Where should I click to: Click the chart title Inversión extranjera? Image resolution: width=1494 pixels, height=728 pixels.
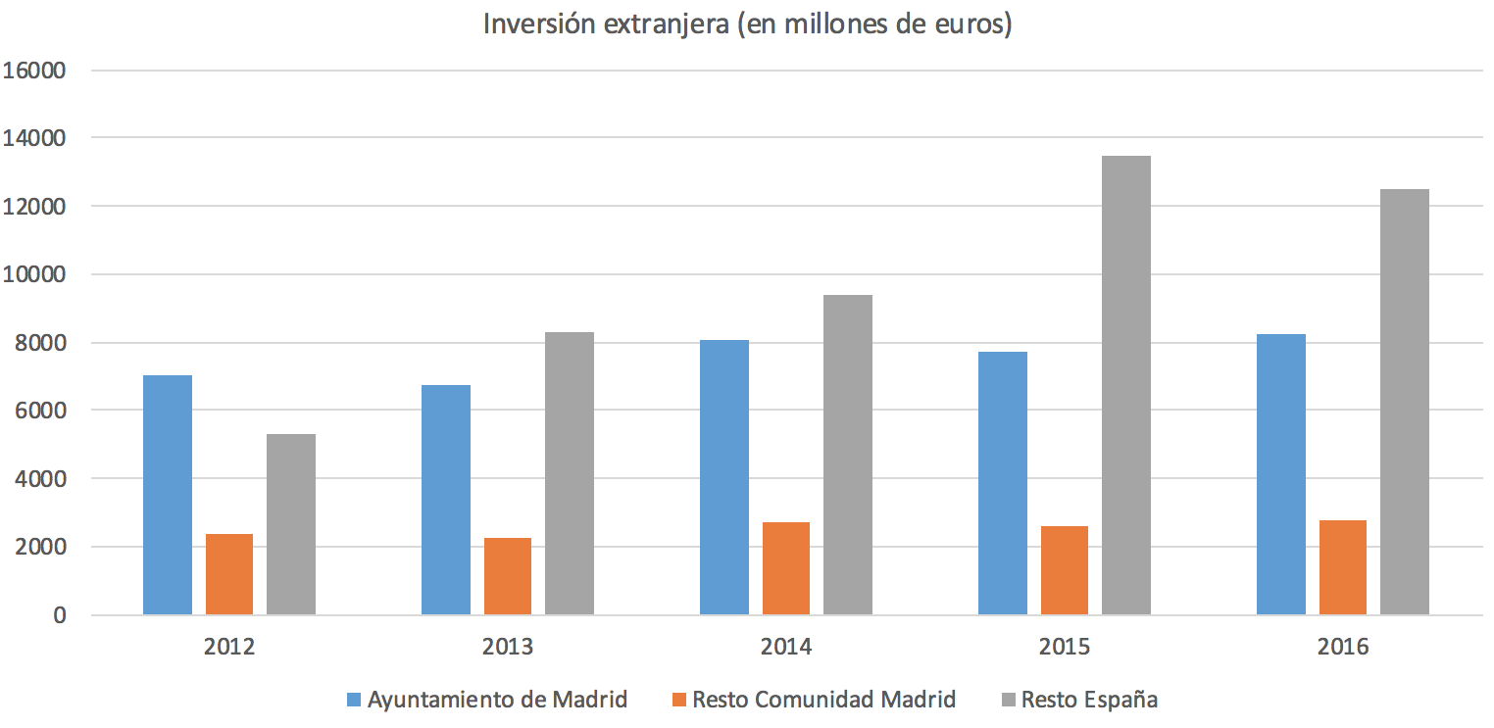[747, 24]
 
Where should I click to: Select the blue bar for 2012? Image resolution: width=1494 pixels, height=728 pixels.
[168, 495]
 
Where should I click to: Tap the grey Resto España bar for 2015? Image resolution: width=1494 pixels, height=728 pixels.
[1126, 385]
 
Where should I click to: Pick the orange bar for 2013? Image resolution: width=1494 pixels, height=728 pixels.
[508, 576]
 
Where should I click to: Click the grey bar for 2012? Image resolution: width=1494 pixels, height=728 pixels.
[291, 524]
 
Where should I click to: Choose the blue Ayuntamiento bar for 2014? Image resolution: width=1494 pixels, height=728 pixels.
[724, 477]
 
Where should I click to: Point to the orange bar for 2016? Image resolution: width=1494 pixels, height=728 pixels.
[1343, 567]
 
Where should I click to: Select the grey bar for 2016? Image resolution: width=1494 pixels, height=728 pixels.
[1405, 402]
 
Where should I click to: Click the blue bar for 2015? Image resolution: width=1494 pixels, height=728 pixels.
[1003, 483]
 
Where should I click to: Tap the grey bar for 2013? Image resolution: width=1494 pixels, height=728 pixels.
[570, 473]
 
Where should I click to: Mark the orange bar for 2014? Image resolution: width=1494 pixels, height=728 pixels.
[786, 568]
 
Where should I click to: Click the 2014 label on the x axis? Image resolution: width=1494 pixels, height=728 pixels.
[786, 647]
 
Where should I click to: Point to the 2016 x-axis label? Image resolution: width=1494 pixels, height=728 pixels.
[1343, 647]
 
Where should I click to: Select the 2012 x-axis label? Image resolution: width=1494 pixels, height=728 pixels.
[229, 647]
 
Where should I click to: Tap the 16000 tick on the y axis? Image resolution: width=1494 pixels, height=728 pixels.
[34, 71]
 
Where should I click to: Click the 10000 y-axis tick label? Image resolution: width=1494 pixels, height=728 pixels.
[34, 274]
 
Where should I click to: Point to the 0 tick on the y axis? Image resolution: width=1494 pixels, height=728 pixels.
[60, 615]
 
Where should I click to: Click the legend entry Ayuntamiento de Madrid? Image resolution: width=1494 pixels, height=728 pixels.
[497, 700]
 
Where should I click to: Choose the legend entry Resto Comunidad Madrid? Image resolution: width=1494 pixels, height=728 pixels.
[823, 700]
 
